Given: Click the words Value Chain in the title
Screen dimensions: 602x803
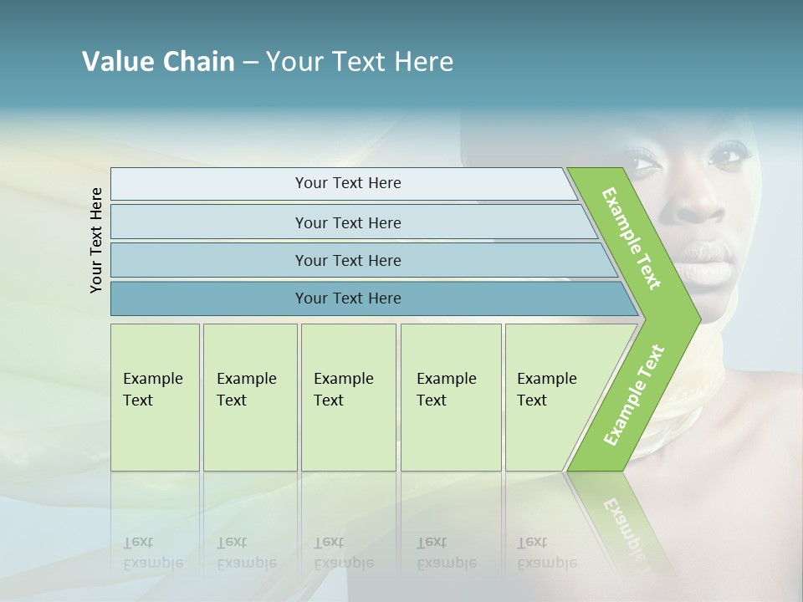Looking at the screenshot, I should pos(158,62).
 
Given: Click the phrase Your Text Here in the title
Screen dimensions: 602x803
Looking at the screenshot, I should pos(360,62).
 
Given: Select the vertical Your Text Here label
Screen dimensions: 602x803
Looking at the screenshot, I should pos(96,240).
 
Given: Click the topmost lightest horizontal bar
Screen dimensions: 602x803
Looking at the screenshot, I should pos(347,183).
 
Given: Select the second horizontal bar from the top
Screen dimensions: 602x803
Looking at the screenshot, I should pos(347,222).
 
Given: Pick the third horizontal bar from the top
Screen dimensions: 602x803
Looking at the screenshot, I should pos(347,260).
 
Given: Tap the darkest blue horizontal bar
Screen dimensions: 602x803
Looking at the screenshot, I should pos(347,298).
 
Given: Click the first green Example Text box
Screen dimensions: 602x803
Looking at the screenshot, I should pos(155,397).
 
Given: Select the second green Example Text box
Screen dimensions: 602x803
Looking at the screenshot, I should pos(249,397).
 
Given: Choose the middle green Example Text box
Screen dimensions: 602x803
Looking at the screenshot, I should pos(348,397).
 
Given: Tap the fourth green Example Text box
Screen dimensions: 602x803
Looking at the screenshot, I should pos(450,397).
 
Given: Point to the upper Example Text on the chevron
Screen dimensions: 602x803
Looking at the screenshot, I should pos(632,239).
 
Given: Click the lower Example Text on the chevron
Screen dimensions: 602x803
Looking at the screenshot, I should pos(633,395).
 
